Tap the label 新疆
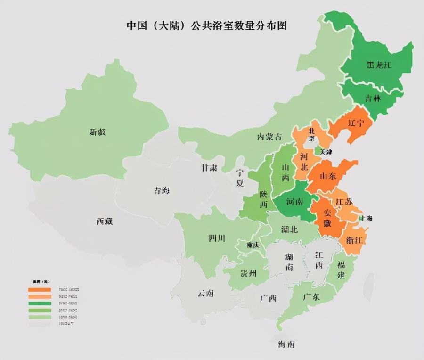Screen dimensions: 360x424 [x=98, y=132]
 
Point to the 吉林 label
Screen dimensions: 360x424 [x=374, y=98]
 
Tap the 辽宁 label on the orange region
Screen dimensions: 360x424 [x=356, y=123]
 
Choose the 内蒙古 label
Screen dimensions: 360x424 [x=269, y=137]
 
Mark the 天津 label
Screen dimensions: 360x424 [x=326, y=152]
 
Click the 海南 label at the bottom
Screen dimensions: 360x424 [x=286, y=344]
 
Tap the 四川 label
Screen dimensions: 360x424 [x=217, y=238]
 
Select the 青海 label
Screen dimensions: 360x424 [x=162, y=191]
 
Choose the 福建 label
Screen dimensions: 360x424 [x=341, y=270]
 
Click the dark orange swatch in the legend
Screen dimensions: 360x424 [x=40, y=289]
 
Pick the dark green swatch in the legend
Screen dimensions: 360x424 [x=40, y=303]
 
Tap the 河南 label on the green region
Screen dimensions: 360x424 [x=295, y=203]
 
